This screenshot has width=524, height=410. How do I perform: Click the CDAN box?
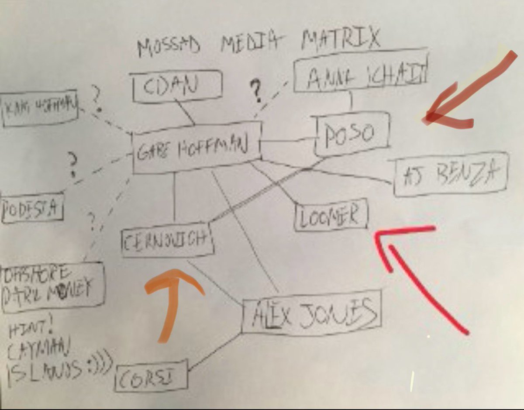point(177,86)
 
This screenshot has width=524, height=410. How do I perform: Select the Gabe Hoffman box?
point(196,148)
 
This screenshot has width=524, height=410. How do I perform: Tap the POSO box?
point(351,134)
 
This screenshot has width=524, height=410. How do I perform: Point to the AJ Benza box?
point(450,174)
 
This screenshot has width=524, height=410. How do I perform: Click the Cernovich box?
point(167,240)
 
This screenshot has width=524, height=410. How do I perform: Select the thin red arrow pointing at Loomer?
point(419,279)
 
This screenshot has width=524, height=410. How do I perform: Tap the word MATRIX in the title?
point(341,40)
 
